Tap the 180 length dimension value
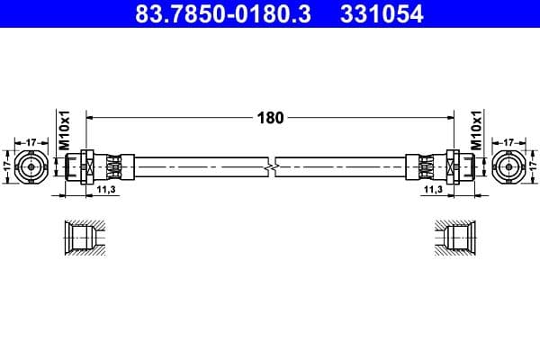point(269,117)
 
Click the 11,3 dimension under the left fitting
point(104,190)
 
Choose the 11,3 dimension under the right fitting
point(433,190)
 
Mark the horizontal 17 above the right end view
point(508,141)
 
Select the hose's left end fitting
point(101,166)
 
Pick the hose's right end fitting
point(438,166)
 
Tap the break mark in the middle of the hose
point(271,166)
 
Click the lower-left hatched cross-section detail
point(86,238)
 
